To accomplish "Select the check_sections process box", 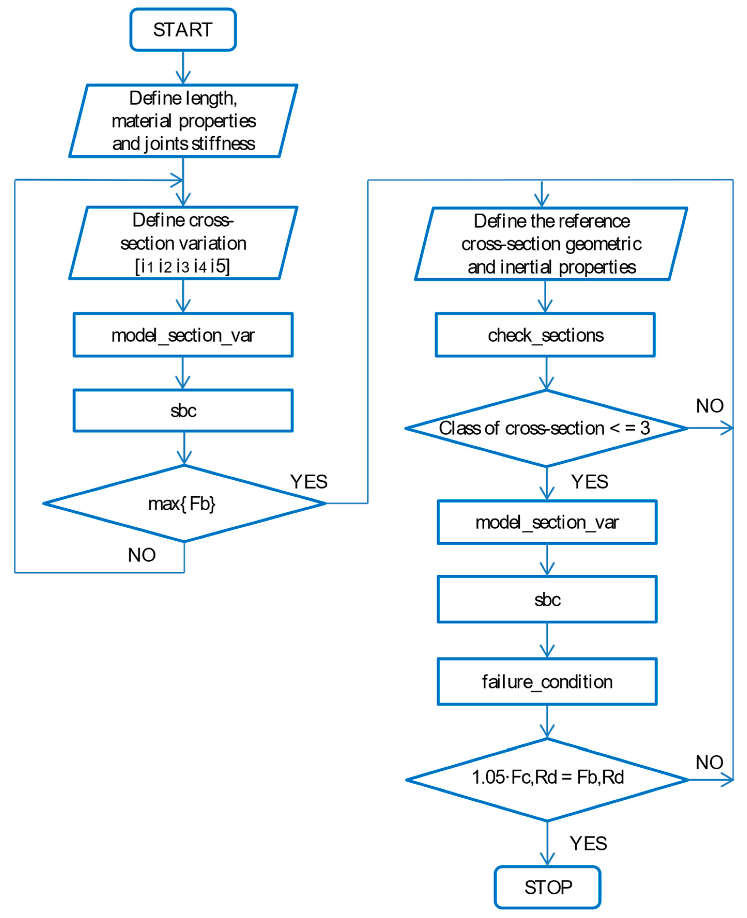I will point(545,335).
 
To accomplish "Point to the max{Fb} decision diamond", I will point(184,503).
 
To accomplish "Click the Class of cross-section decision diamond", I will point(546,428).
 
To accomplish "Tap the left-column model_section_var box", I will point(183,335).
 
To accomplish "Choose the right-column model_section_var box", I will point(547,522).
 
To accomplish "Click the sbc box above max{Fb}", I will point(183,411).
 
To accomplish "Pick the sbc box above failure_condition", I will point(547,599).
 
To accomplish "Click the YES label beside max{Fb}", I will point(309,482).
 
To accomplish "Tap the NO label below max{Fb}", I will point(142,555).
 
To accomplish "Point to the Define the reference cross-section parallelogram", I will point(551,244).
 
